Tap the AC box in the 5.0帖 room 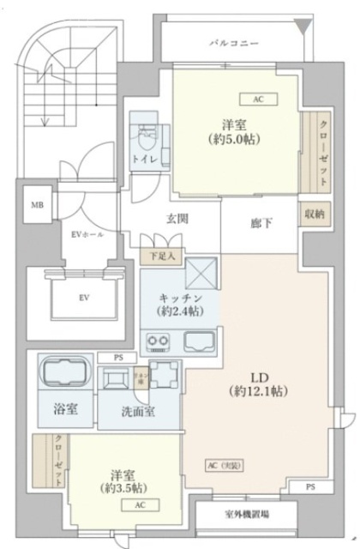[258, 99]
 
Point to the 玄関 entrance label [177, 218]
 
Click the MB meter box [37, 206]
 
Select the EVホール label [86, 232]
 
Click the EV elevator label [84, 298]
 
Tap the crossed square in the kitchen [200, 275]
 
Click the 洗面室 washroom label [138, 411]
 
